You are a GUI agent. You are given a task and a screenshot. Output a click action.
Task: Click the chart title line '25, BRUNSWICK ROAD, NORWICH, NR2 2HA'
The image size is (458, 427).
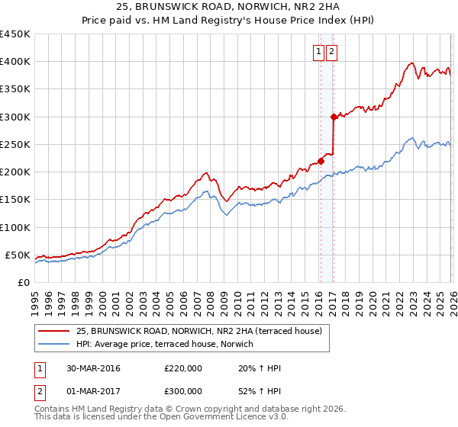click(229, 8)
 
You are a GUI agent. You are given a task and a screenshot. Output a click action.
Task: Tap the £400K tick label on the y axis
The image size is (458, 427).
click(15, 62)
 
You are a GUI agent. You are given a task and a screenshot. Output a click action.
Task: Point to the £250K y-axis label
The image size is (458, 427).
click(15, 144)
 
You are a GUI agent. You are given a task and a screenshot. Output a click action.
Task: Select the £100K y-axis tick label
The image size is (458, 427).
click(15, 227)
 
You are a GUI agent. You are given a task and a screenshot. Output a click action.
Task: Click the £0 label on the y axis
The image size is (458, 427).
click(23, 282)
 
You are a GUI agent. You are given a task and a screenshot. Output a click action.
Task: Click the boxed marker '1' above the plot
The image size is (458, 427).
click(318, 52)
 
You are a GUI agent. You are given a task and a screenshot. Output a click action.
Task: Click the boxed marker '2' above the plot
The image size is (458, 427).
click(333, 52)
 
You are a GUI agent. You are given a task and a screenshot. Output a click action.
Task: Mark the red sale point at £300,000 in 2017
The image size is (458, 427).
click(334, 117)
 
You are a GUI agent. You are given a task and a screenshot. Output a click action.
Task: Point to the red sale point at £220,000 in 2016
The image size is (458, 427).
click(321, 161)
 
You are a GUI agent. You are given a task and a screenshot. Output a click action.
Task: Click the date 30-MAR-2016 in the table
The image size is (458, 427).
click(93, 368)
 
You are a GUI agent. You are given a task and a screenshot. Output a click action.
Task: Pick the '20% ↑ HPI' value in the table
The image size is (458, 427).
click(260, 368)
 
